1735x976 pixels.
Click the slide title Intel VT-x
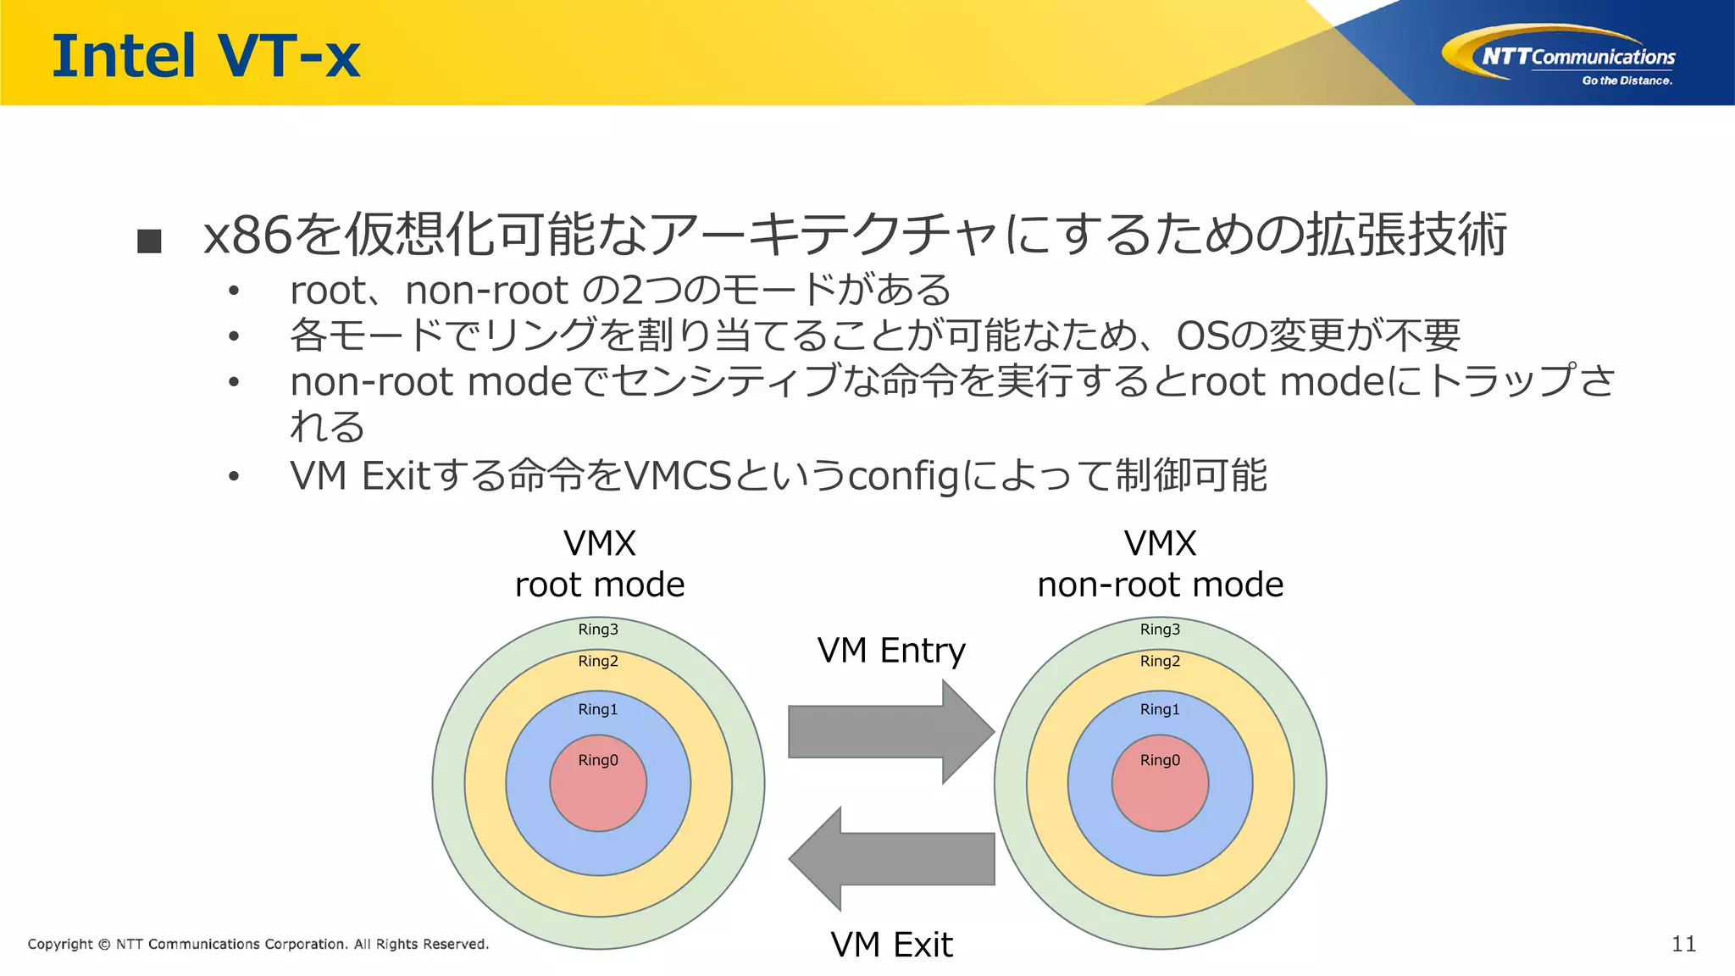click(206, 56)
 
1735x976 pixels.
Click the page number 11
click(1683, 944)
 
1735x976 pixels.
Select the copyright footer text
click(258, 944)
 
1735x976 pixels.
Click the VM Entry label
click(891, 651)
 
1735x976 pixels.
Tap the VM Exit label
click(891, 944)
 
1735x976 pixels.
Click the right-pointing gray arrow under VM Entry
click(890, 732)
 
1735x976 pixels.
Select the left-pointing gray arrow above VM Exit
click(890, 859)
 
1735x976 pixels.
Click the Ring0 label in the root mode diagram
click(598, 760)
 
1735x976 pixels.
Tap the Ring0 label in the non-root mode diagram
click(1160, 760)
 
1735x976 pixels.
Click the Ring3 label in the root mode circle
click(598, 629)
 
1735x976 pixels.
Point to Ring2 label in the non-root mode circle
click(1160, 661)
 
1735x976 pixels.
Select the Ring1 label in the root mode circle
click(598, 709)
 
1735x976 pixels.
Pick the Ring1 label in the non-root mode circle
click(1160, 709)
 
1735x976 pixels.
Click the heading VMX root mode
click(600, 564)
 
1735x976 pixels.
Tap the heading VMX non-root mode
click(1160, 564)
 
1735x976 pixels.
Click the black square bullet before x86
click(149, 241)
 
